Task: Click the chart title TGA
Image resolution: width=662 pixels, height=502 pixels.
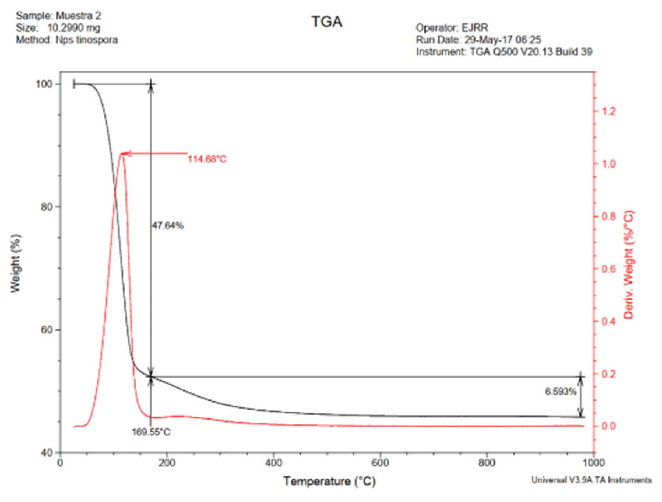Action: [327, 22]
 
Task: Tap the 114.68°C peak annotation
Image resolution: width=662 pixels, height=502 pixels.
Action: [207, 159]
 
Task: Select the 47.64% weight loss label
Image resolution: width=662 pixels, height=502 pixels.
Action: [168, 226]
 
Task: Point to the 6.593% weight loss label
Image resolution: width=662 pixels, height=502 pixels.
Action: [561, 392]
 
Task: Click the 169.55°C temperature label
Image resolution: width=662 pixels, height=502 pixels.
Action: [151, 432]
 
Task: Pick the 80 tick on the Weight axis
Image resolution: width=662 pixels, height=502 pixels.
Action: [47, 207]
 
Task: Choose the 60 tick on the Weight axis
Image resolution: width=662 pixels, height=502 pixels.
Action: [47, 330]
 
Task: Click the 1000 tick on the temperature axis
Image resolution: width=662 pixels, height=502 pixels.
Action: [593, 463]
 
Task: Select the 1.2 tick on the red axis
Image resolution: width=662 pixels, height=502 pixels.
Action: [609, 112]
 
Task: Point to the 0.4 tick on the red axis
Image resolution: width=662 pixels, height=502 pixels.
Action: [609, 322]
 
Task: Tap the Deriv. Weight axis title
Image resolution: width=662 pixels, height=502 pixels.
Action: [628, 265]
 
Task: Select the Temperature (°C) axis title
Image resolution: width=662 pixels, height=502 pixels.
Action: [329, 482]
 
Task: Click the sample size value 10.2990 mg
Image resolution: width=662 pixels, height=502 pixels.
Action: [74, 28]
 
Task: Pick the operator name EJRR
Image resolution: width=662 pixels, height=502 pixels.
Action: [475, 28]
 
